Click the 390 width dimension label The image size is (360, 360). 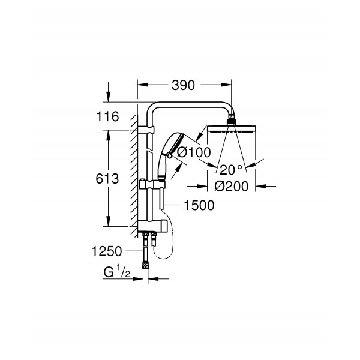[183, 85]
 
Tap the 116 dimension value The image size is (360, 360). [107, 116]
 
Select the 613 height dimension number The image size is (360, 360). [107, 179]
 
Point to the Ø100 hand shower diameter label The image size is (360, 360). [194, 152]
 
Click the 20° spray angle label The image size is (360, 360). [231, 170]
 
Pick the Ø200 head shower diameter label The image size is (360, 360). [232, 186]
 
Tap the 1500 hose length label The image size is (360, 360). [199, 205]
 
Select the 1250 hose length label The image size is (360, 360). [107, 251]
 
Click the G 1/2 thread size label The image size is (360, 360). [116, 271]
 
